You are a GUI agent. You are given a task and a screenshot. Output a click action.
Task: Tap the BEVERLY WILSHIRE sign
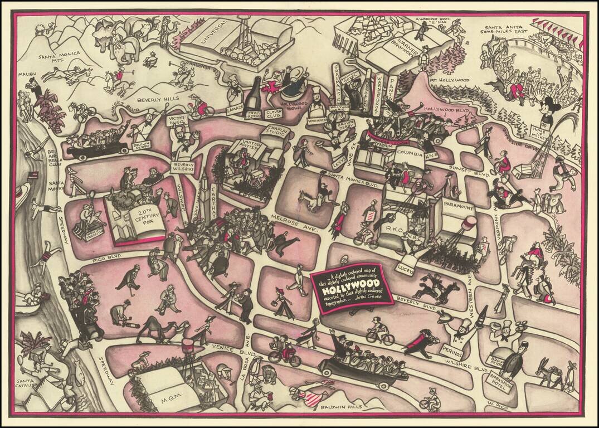[183, 168]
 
